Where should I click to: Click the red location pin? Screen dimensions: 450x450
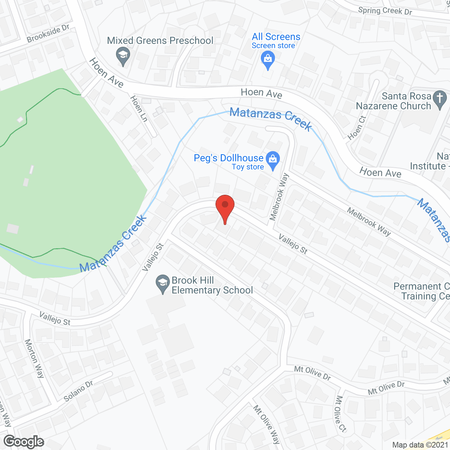[x=225, y=207]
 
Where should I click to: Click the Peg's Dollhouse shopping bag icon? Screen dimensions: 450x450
[x=273, y=160]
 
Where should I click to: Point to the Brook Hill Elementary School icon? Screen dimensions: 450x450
[x=163, y=283]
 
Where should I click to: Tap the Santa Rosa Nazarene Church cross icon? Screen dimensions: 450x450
[x=439, y=98]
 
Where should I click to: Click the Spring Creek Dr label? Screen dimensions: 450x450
[x=385, y=11]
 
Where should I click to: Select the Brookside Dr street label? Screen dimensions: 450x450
[x=48, y=34]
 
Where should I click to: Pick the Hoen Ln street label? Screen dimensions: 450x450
[x=139, y=109]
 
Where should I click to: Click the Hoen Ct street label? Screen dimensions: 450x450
[x=357, y=128]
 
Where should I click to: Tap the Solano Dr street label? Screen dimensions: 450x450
[x=78, y=391]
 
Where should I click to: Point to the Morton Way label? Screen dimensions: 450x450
[x=34, y=358]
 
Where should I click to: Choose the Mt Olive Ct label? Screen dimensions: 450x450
[x=341, y=414]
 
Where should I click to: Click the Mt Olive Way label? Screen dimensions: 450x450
[x=267, y=425]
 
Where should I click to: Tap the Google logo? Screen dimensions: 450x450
[x=24, y=442]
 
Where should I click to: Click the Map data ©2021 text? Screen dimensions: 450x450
[x=420, y=445]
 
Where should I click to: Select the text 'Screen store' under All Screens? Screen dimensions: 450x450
[x=273, y=46]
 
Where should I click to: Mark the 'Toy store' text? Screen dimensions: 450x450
[x=248, y=167]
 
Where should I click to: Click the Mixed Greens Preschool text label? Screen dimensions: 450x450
[x=160, y=41]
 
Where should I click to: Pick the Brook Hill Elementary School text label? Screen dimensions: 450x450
[x=212, y=285]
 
